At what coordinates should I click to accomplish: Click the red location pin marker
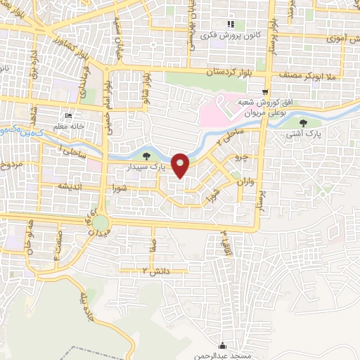(181, 165)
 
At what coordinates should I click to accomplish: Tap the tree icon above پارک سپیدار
(146, 156)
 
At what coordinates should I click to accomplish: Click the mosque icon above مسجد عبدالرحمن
(223, 345)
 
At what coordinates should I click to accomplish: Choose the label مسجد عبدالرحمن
(223, 355)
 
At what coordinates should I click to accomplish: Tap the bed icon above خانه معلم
(68, 115)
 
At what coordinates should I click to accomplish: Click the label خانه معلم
(69, 126)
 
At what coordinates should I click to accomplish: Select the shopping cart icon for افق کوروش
(264, 91)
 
